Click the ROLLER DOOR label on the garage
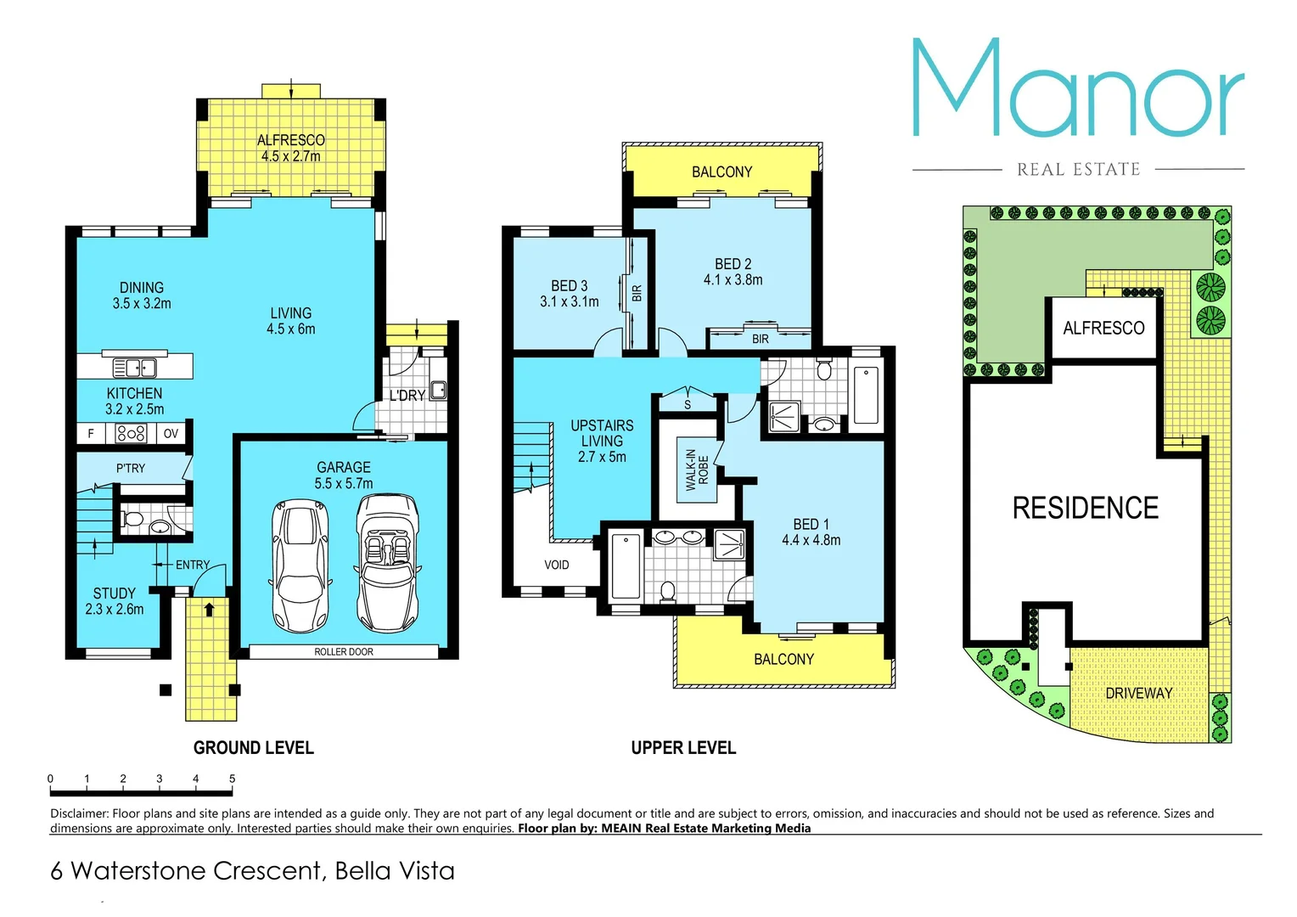pos(343,652)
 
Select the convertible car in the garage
pos(387,562)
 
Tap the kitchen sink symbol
pos(134,368)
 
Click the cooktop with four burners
pos(131,433)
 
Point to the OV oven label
pos(171,433)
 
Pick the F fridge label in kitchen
pos(91,433)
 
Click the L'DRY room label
pos(407,396)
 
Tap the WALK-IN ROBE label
pos(697,470)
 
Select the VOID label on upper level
pos(557,565)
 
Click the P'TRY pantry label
pos(131,468)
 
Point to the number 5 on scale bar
pos(232,779)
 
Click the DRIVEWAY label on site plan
pos(1138,693)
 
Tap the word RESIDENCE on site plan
pos(1085,508)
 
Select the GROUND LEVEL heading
pos(253,748)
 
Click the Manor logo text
pos(1078,89)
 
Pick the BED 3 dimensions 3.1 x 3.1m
pos(569,301)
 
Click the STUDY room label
pos(115,594)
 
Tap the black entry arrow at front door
pos(209,609)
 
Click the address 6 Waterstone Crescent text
pos(252,871)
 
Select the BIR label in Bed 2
pos(760,339)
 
